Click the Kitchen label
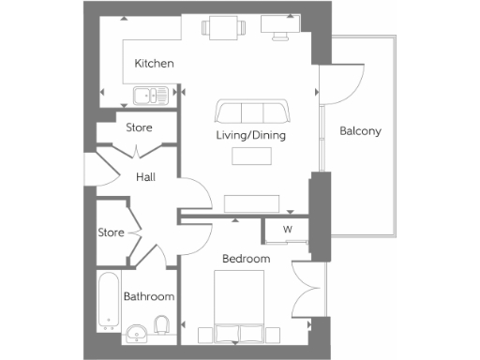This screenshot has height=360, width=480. pos(154,64)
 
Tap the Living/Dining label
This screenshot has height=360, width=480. pos(250,136)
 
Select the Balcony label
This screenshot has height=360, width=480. pos(360,131)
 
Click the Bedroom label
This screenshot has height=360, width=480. pos(246,258)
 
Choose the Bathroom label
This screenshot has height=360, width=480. pos(150,297)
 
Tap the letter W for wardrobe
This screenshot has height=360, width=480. pos(288,229)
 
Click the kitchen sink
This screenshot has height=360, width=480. pos(150,95)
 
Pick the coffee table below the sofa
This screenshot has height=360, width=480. pos(251,158)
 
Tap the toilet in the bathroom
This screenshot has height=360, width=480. pos(161,327)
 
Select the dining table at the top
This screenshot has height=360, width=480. pos(223,30)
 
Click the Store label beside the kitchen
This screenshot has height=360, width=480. pos(139,127)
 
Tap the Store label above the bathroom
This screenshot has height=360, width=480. pos(112,232)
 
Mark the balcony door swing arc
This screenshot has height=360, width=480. pos(336,85)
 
